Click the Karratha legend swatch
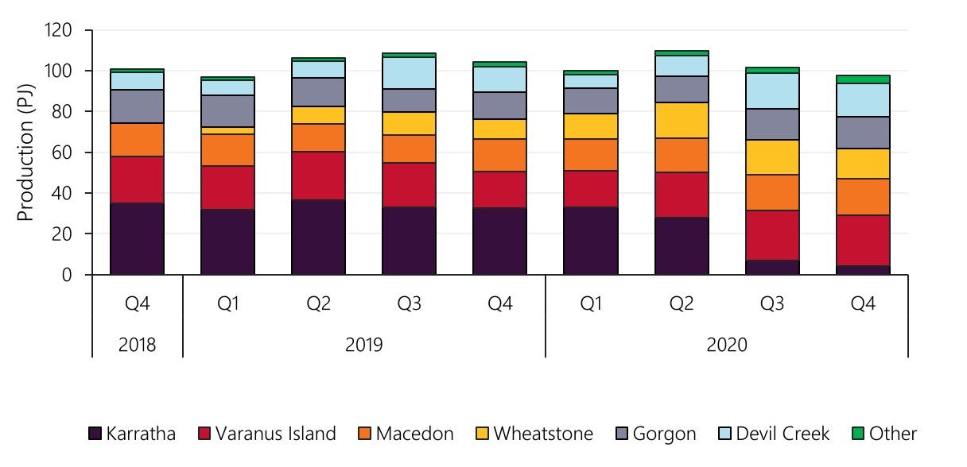(x=95, y=434)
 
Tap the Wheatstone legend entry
(x=543, y=434)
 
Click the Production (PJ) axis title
(x=26, y=152)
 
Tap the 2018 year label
(x=137, y=345)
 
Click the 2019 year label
(x=363, y=345)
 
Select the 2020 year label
(x=726, y=345)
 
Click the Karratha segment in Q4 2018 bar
(x=137, y=238)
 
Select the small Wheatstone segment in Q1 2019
(x=227, y=130)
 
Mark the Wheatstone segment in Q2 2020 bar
(x=681, y=120)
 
